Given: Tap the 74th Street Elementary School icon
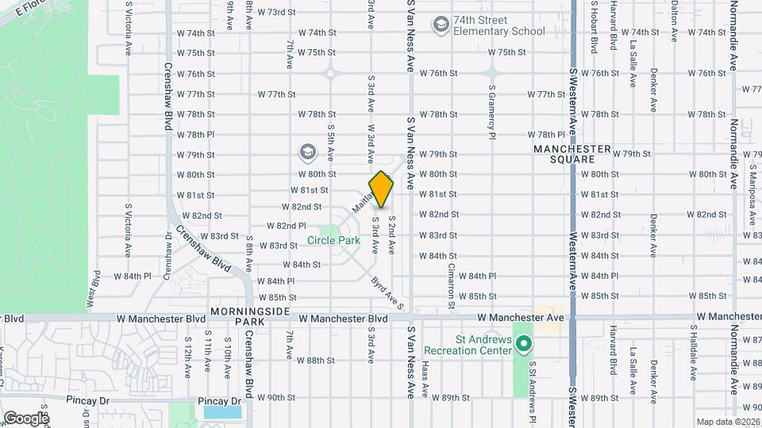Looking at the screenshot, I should pos(440,25).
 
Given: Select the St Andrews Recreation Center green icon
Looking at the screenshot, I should pos(523,344).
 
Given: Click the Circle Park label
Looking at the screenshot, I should pos(334,240).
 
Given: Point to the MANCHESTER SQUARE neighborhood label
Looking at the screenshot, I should pos(572,154).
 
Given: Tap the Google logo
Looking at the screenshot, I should pos(26,418).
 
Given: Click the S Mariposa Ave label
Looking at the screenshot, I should pos(751,190).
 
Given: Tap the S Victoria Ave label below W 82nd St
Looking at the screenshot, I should pos(127,231).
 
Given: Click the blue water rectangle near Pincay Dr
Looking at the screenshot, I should pos(222,412).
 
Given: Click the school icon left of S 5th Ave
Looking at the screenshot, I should pos(307,151).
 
